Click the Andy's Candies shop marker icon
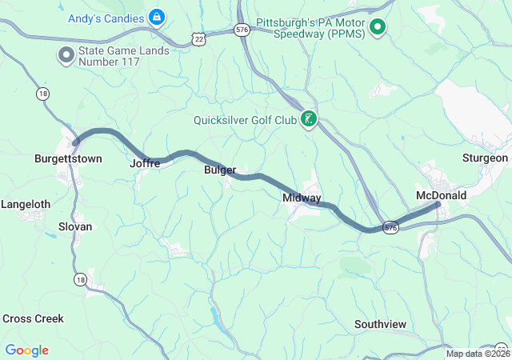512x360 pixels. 156,16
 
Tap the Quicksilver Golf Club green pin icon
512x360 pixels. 308,121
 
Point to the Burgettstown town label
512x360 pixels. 68,158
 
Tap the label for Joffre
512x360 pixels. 145,163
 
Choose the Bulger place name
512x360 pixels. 220,170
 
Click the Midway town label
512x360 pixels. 302,198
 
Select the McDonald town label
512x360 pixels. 441,194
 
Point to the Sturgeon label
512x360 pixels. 485,158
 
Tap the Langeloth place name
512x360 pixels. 26,204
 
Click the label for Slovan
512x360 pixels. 75,226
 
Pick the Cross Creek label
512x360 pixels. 33,318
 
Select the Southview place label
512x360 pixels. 380,324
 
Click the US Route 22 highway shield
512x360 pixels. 199,37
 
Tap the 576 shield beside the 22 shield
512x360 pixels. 242,30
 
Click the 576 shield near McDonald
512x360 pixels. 390,227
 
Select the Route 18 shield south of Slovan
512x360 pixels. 79,279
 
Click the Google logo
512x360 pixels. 27,350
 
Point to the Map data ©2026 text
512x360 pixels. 477,354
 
